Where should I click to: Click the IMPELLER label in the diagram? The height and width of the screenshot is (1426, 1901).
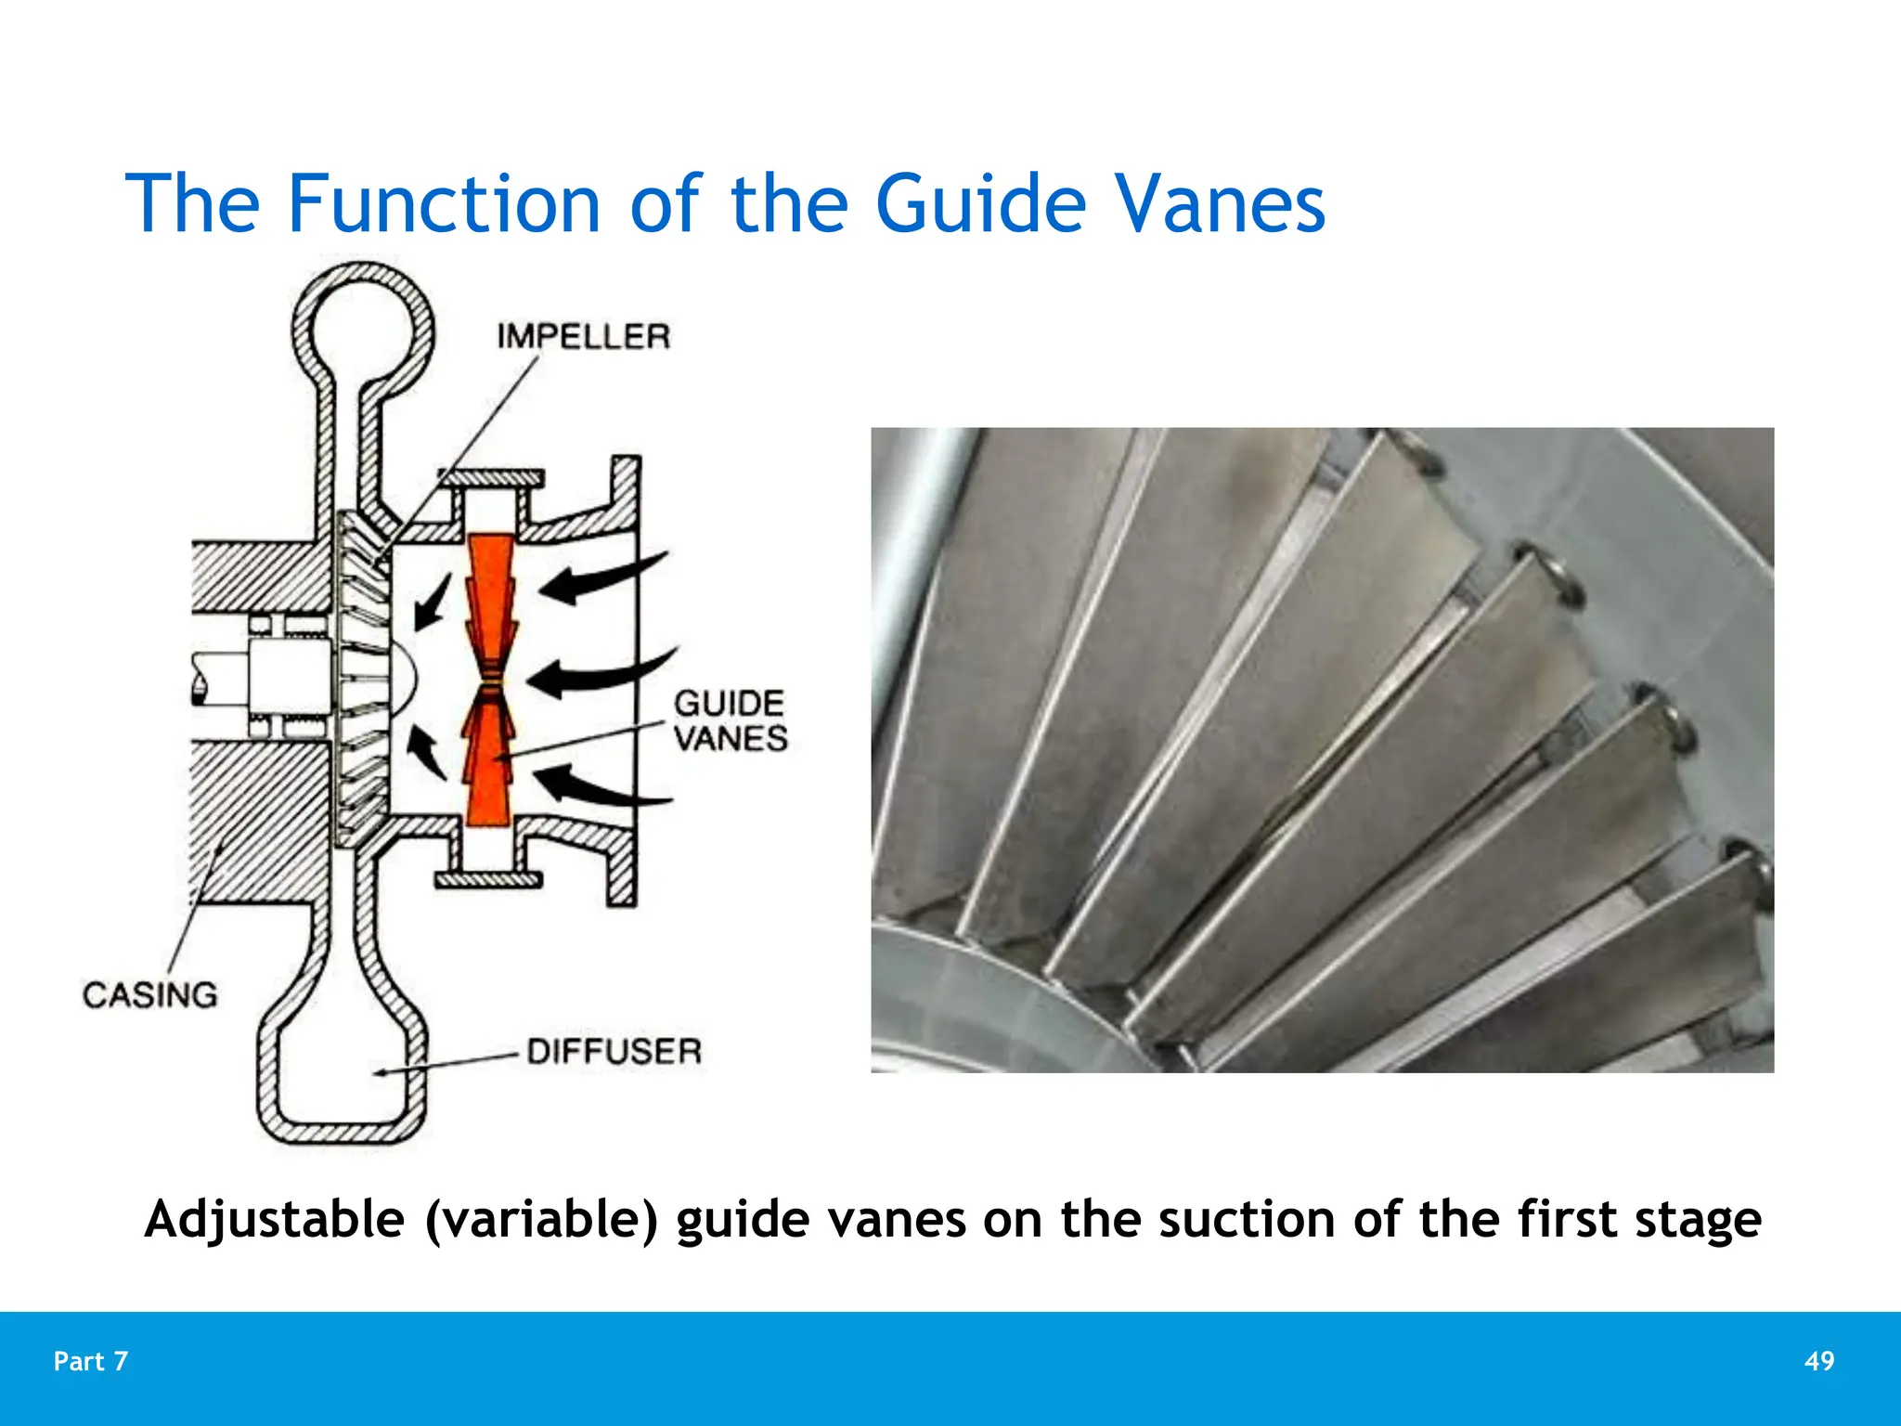[583, 336]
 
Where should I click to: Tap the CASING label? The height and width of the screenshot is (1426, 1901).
[149, 995]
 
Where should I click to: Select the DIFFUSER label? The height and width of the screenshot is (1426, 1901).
[614, 1052]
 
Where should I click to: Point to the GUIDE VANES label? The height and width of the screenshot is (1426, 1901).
[730, 720]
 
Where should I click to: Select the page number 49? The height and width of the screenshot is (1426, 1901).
[1818, 1361]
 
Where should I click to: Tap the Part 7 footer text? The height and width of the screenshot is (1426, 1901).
[90, 1361]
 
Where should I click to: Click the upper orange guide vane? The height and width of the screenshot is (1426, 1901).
[489, 603]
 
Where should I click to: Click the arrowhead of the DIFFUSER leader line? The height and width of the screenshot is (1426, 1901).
[380, 1073]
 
